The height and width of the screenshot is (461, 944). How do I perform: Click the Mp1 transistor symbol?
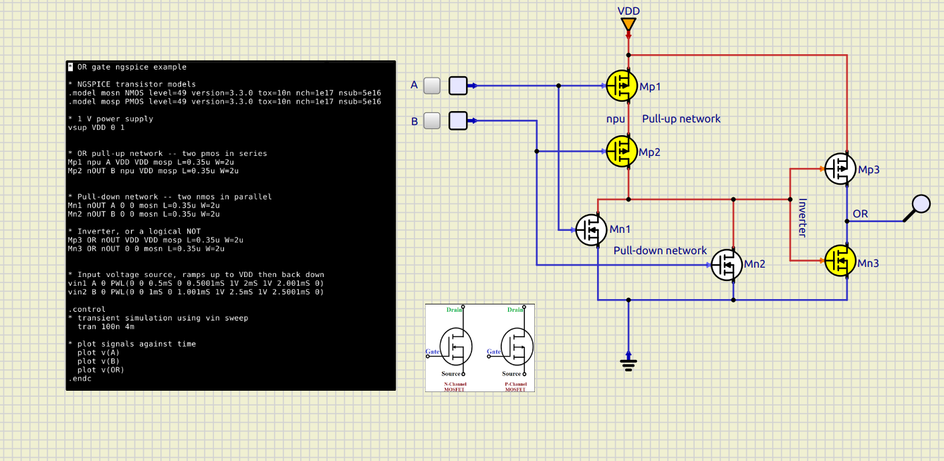coord(622,85)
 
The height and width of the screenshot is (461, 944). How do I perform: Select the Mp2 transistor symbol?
coord(622,151)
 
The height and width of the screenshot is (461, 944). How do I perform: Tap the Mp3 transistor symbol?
coord(840,169)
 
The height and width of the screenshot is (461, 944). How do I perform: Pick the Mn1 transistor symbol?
coord(592,229)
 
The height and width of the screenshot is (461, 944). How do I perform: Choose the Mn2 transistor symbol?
coord(727,264)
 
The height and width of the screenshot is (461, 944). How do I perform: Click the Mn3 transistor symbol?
coord(840,261)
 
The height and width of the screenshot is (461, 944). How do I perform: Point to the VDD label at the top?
coord(628,11)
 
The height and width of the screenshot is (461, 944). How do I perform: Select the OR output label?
coord(860,214)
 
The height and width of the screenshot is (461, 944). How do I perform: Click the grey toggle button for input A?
coord(433,86)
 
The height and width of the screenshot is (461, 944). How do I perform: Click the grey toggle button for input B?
coord(433,120)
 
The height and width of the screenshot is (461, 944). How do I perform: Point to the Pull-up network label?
coord(681,119)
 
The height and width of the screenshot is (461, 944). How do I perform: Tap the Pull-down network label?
coord(660,251)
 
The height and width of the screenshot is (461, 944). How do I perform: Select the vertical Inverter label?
coord(802,217)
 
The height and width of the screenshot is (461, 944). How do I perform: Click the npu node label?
coord(615,119)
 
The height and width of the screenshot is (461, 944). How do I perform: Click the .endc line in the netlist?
coord(80,379)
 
